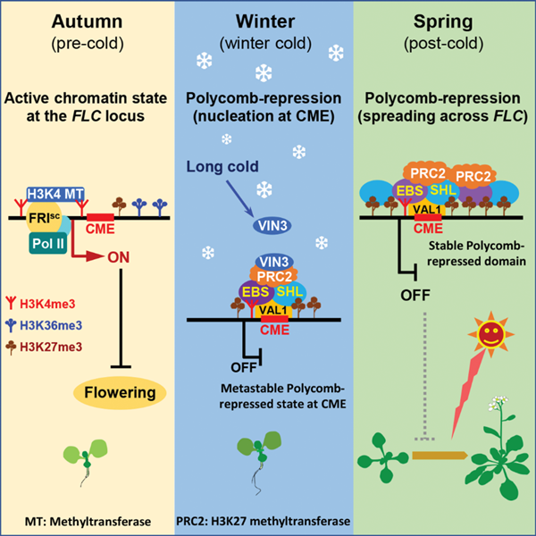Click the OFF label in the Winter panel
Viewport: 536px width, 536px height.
click(x=227, y=364)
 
